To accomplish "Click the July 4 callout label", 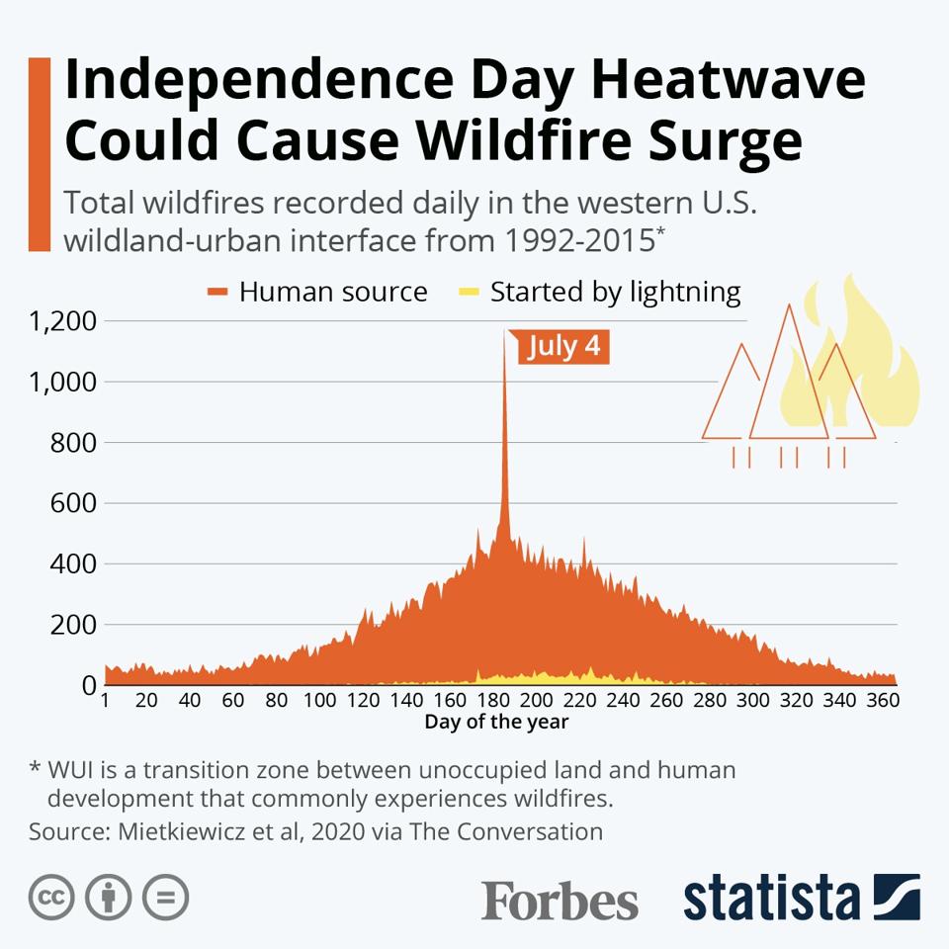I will click(563, 347).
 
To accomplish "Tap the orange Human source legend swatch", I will click(217, 292).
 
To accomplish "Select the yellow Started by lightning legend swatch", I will click(470, 292).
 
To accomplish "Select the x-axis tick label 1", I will click(104, 701).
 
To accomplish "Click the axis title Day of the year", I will click(496, 722).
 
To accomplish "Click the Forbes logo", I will click(560, 901).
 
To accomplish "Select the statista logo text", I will click(771, 899).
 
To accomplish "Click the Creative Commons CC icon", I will click(52, 898).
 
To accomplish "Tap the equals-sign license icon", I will click(165, 898).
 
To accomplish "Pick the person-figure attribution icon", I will click(109, 898).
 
